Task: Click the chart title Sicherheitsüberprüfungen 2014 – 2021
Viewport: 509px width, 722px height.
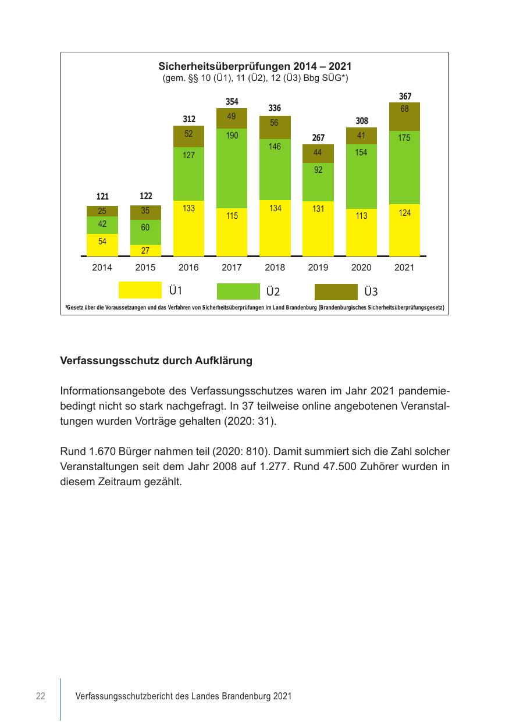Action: (x=255, y=66)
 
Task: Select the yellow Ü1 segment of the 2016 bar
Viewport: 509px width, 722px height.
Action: (x=188, y=228)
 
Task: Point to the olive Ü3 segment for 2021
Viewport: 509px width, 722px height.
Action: (x=404, y=116)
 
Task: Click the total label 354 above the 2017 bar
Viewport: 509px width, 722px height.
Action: (x=232, y=102)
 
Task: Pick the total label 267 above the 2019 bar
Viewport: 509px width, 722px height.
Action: (x=318, y=138)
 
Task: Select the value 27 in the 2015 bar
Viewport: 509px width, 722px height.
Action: (x=145, y=251)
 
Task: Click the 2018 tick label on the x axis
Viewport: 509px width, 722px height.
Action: (x=275, y=268)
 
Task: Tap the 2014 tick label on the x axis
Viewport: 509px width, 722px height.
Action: (x=102, y=268)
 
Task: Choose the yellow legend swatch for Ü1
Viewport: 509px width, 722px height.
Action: (x=140, y=290)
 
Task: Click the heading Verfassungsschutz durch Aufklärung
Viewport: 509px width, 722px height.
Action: (x=156, y=361)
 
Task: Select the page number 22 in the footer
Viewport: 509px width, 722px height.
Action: (x=41, y=696)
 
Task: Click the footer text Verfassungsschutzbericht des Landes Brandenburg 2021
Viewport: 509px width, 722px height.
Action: (x=184, y=696)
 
